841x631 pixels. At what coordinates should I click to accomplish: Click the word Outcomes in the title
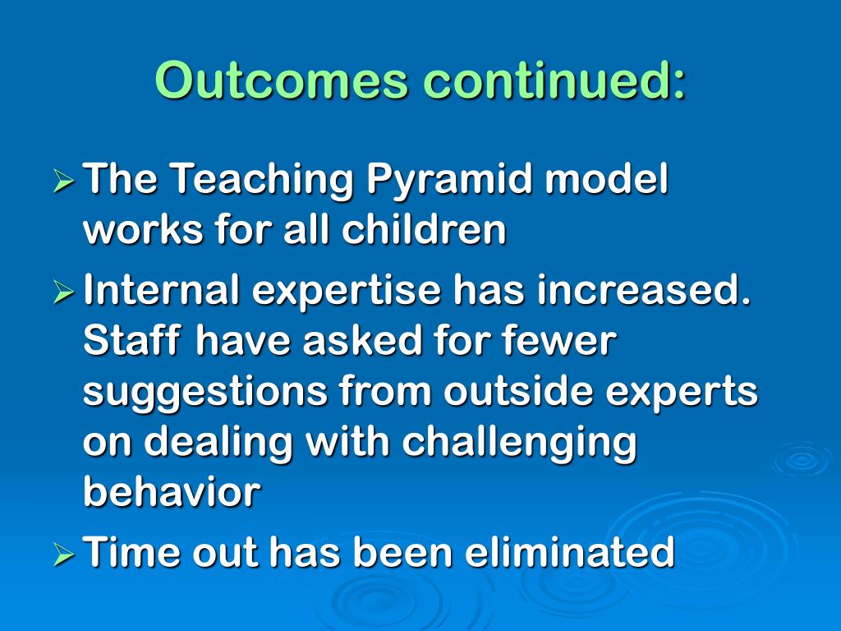283,80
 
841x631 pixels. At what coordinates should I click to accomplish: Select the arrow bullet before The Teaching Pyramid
64,182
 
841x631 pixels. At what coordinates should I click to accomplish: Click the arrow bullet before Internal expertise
64,292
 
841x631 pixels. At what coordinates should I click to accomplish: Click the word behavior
172,491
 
